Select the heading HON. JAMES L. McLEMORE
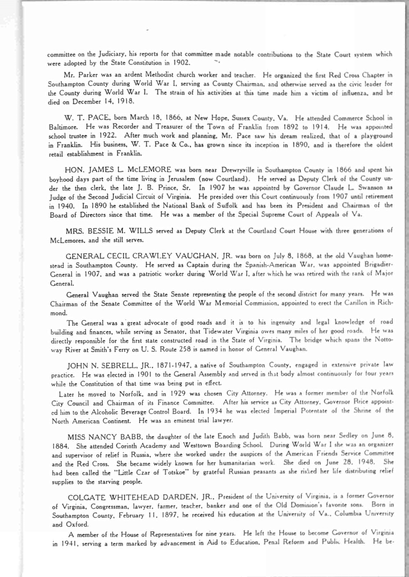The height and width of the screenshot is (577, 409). coord(118,170)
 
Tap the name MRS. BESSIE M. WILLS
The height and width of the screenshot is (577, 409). coord(110,231)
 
